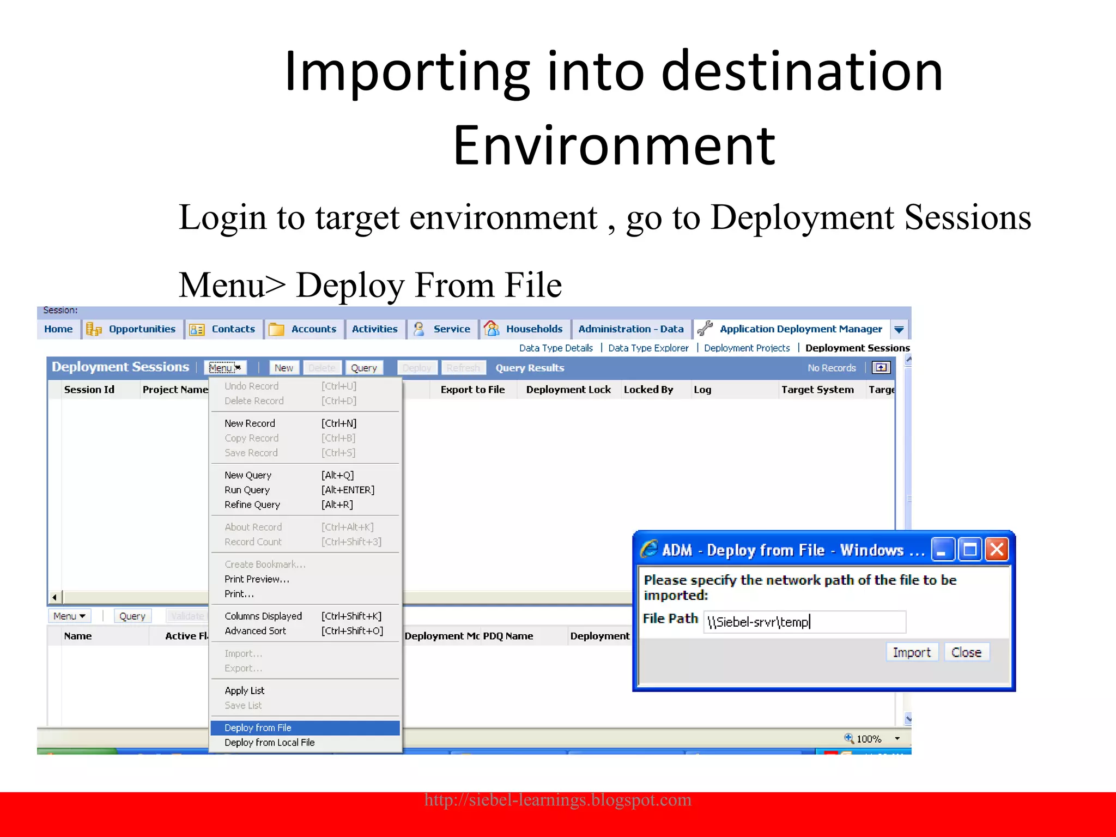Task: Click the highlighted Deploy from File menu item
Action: click(258, 727)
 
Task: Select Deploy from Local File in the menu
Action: click(269, 742)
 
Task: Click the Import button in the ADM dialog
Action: click(911, 652)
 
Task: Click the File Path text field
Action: click(804, 622)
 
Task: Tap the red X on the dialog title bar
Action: click(997, 549)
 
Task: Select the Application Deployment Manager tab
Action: click(800, 329)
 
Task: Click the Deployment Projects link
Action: click(747, 348)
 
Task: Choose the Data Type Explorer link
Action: click(648, 348)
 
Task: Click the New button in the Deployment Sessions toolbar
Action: click(283, 368)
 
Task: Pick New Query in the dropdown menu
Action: click(248, 475)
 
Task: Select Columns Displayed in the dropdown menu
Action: click(263, 616)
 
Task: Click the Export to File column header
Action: click(472, 390)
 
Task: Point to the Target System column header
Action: click(817, 390)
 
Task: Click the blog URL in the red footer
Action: click(557, 799)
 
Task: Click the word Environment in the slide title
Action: click(614, 145)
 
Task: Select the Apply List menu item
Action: click(244, 690)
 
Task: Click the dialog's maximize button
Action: click(969, 549)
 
